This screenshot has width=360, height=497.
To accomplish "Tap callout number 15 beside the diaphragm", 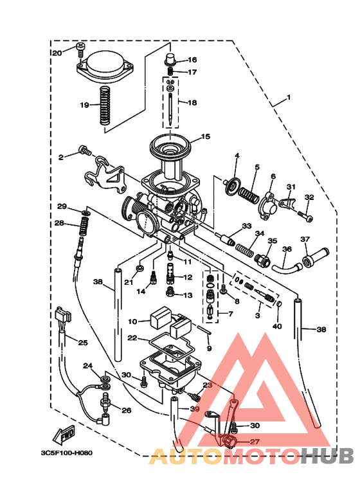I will click(x=205, y=136).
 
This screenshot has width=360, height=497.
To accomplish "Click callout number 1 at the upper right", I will click(x=289, y=98).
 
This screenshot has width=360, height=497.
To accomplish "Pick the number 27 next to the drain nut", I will click(x=255, y=442).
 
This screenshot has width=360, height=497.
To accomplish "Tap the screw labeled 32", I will click(x=309, y=217).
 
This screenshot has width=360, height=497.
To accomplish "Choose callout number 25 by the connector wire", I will click(x=82, y=342).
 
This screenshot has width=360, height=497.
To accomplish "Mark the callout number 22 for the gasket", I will click(x=132, y=338).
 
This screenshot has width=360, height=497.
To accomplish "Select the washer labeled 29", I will click(x=85, y=211).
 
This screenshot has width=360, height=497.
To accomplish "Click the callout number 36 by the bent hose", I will click(x=287, y=249).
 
